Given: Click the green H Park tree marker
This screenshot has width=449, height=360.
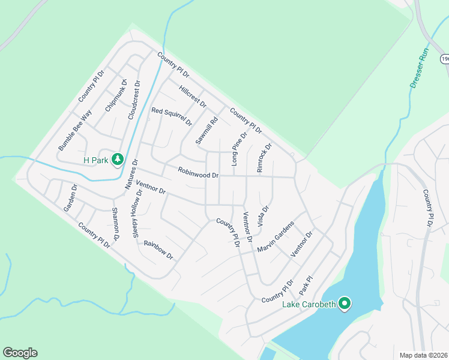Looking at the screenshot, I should tap(118, 159).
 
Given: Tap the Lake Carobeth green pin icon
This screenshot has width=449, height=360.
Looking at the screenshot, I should tap(344, 304).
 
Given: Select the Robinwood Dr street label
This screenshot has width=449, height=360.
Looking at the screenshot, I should tap(198, 172).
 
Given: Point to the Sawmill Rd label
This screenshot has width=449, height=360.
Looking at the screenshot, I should tap(205, 130).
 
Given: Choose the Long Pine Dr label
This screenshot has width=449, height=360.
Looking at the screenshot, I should tap(239, 149).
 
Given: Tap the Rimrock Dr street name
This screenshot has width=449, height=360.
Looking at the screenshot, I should tap(264, 157).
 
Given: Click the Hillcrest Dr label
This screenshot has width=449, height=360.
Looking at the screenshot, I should tap(193, 95).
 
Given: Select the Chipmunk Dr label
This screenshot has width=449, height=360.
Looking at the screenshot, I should tap(116, 95).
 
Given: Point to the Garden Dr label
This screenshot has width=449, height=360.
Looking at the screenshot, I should tap(70, 198).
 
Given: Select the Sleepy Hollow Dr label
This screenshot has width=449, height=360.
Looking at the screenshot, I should tap(137, 214).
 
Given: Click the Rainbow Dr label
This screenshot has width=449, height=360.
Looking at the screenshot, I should tap(158, 251).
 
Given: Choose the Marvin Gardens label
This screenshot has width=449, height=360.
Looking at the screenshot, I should tap(276, 237).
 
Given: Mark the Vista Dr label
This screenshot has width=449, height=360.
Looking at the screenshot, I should tap(263, 216).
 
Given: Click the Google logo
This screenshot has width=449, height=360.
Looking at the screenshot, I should tap(20, 353).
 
